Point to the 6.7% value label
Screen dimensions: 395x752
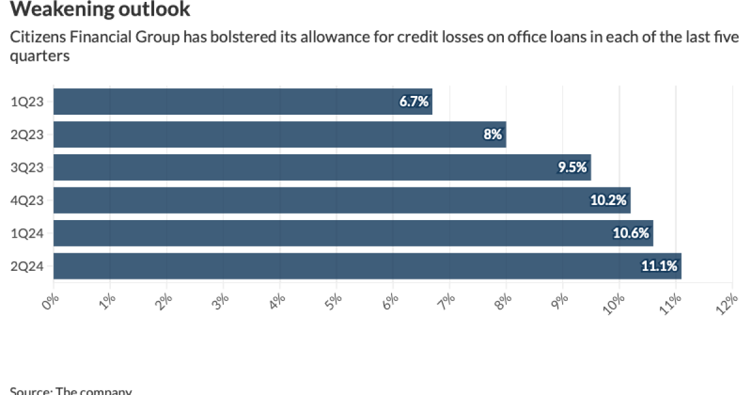pyautogui.click(x=414, y=102)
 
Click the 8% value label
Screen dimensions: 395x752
pyautogui.click(x=493, y=134)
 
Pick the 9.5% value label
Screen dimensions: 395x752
pyautogui.click(x=573, y=167)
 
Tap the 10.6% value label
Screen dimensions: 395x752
pyautogui.click(x=632, y=233)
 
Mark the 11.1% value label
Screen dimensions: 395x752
pyautogui.click(x=659, y=266)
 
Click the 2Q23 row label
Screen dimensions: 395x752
pyautogui.click(x=27, y=134)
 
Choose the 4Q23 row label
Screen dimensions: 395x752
pyautogui.click(x=27, y=201)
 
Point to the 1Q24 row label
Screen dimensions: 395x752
pyautogui.click(x=27, y=233)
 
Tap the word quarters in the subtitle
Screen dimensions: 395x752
pyautogui.click(x=39, y=56)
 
